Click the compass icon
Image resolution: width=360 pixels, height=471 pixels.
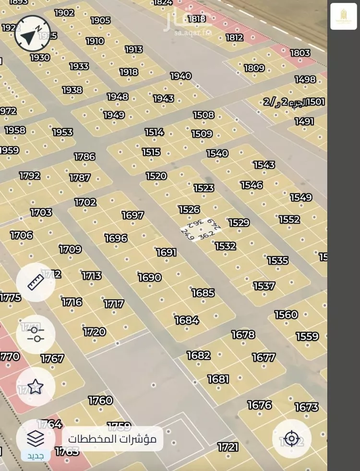coord(32,34)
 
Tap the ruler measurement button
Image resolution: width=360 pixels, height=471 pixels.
coord(36,283)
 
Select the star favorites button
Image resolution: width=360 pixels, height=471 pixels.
coord(36,387)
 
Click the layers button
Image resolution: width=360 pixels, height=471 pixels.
coord(36,438)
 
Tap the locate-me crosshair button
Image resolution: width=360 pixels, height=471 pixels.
coord(292,438)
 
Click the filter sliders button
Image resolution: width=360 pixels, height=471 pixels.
coord(36,334)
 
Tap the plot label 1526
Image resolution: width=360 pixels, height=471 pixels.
coord(189,210)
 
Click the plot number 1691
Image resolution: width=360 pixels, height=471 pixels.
coord(167,252)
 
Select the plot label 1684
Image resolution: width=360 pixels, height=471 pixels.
coord(187,320)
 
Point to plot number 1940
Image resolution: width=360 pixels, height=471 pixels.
coord(181,76)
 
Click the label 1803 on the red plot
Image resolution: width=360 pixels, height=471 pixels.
coord(300,53)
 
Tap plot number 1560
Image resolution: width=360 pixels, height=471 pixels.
coord(286,315)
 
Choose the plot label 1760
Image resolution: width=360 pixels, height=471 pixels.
coord(100,400)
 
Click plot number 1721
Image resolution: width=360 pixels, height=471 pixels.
coord(228,447)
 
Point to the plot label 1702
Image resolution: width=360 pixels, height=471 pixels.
coord(85,202)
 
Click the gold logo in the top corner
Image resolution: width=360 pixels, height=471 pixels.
coord(344,16)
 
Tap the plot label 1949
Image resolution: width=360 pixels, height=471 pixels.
coord(114,115)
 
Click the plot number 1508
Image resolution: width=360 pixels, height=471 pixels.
coord(204,115)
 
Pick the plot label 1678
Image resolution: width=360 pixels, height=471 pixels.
coord(243,334)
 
